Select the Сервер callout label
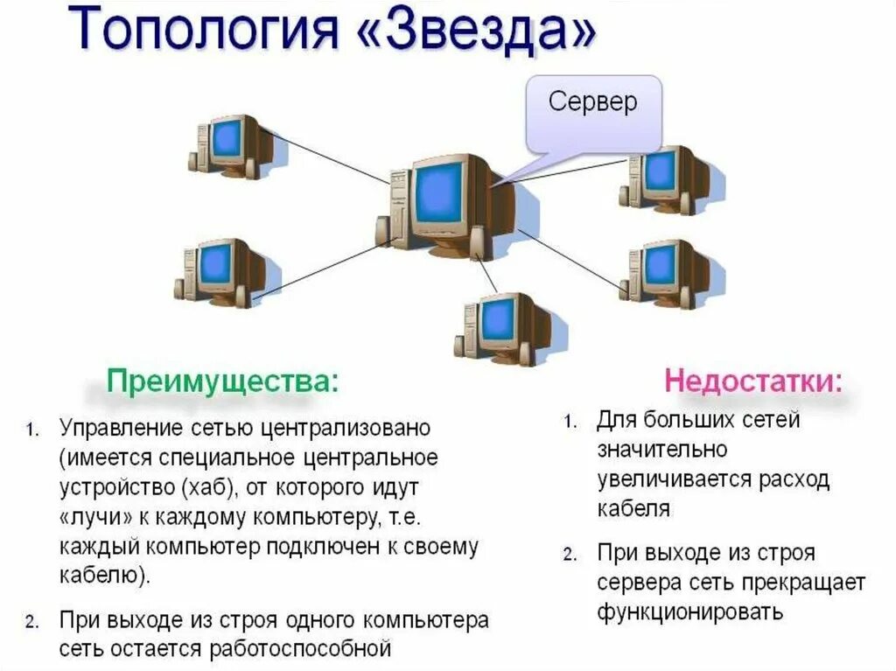coord(592,102)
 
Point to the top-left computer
coord(226,146)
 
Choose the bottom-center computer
coord(499,328)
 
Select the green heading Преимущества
coord(221,382)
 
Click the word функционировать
coord(690,612)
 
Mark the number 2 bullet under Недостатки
coord(569,555)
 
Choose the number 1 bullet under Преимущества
coord(31,430)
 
